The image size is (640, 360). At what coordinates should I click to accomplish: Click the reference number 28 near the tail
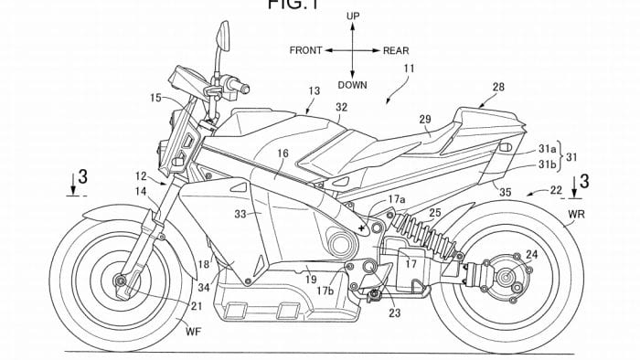[x=498, y=87]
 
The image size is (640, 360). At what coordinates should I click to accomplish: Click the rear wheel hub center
[x=505, y=271]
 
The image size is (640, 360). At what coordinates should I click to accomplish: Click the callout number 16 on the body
[x=283, y=155]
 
